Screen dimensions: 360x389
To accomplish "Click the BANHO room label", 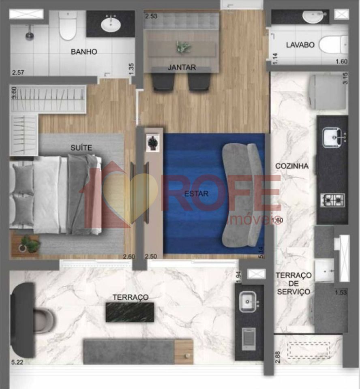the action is (x=84, y=51).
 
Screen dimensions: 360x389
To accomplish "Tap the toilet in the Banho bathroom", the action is (x=68, y=25).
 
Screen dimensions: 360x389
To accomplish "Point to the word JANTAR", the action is (x=182, y=67).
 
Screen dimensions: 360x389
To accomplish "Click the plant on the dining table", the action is (x=184, y=47).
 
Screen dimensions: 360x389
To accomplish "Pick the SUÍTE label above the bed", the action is (x=81, y=148).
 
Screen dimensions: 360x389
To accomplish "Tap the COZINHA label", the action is (x=292, y=166).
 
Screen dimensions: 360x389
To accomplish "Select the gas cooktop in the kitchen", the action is (x=333, y=200).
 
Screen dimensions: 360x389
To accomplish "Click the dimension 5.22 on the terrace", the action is (x=17, y=362).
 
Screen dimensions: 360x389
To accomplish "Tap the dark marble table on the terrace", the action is (x=130, y=312).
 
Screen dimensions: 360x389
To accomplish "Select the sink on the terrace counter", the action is (x=248, y=301).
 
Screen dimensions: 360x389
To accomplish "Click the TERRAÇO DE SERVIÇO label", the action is (x=294, y=284).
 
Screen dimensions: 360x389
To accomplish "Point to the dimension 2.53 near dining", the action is (x=151, y=16).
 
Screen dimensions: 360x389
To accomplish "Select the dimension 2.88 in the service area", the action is (x=278, y=357).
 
